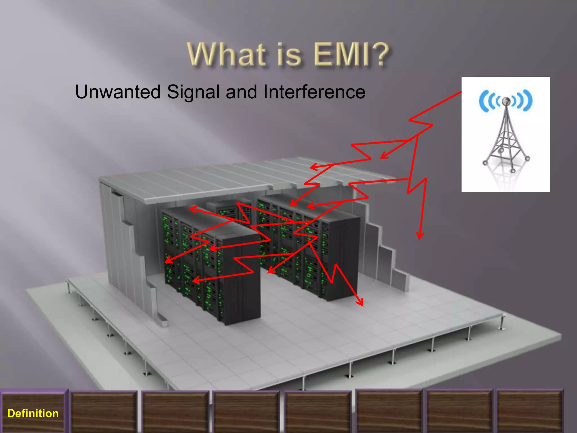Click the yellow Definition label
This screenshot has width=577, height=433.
(x=33, y=413)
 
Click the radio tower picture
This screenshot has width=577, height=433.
(x=505, y=134)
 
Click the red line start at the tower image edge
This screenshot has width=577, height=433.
(x=461, y=92)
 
